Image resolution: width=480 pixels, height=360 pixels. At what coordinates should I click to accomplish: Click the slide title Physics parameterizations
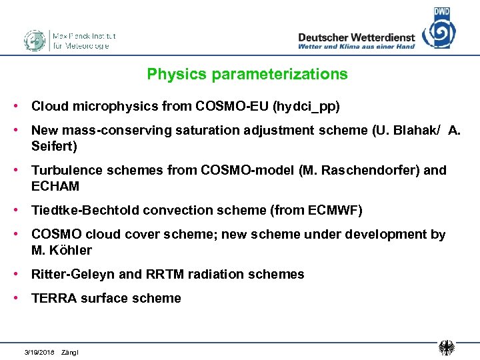click(x=247, y=74)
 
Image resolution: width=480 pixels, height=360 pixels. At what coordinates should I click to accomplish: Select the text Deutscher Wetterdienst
click(x=356, y=37)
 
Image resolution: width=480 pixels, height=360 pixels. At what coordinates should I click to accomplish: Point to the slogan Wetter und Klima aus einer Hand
click(x=356, y=47)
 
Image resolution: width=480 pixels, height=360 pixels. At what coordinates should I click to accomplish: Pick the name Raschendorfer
click(x=359, y=170)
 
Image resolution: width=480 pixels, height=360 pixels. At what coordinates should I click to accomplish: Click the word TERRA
click(x=54, y=298)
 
